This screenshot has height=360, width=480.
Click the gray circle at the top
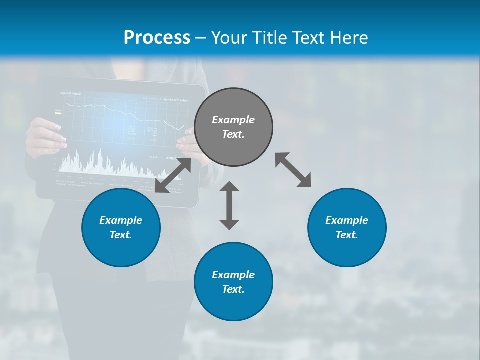233,127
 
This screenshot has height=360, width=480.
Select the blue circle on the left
121,228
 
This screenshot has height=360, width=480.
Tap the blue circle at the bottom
233,282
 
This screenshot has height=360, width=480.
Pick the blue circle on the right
347,228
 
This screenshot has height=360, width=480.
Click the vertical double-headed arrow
229,205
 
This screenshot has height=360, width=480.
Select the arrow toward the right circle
293,170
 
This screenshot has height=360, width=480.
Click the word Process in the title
157,37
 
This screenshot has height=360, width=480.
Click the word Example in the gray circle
233,120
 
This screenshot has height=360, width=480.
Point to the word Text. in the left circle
121,235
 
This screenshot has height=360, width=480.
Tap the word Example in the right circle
347,220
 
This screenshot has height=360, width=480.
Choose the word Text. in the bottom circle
233,289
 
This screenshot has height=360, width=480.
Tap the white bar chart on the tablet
100,162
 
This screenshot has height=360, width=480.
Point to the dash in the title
201,38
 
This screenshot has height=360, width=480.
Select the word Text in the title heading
309,37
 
